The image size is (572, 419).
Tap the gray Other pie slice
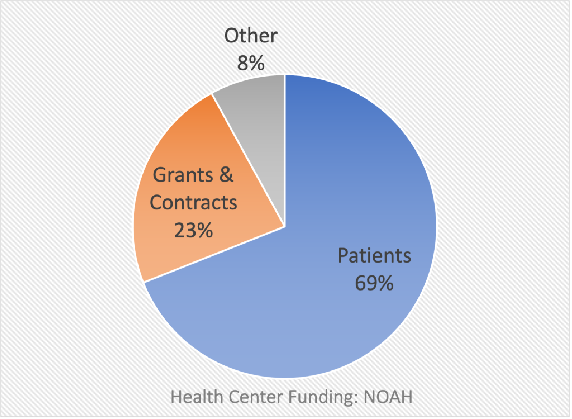[255, 109]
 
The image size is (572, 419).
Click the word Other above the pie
[251, 36]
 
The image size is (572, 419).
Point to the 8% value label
[251, 63]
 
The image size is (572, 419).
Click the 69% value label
[374, 283]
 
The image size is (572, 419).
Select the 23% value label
[193, 230]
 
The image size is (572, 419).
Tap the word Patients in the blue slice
[374, 255]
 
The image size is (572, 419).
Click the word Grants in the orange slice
[183, 175]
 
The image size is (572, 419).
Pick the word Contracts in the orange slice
[193, 203]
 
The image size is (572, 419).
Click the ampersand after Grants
[226, 175]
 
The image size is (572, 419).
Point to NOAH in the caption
[388, 397]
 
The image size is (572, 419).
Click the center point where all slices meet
[285, 227]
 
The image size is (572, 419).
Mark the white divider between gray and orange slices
[249, 160]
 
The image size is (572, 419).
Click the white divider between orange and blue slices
[214, 254]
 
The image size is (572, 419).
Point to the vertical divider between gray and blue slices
[285, 151]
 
